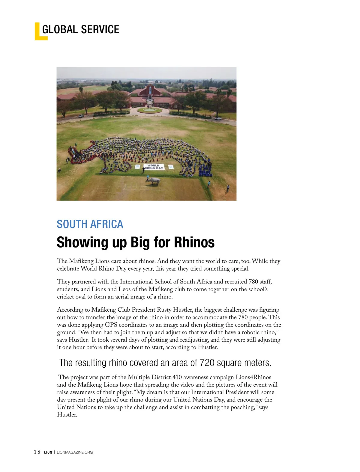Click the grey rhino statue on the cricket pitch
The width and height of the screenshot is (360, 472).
point(153,181)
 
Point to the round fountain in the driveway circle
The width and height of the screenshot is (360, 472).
point(149,110)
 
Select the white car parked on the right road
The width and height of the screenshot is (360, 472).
point(218,119)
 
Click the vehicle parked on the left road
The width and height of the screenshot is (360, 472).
point(81,116)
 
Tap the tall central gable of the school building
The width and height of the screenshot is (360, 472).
point(150,90)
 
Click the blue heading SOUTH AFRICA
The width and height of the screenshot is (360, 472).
point(90,224)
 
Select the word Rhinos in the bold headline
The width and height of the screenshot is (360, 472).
point(195,242)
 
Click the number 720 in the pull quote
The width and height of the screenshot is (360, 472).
point(207,363)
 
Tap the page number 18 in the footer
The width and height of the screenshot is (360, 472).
point(37,452)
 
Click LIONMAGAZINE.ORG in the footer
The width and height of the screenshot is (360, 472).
point(75,452)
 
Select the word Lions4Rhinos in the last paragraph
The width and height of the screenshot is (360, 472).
point(253,377)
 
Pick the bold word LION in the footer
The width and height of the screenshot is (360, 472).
point(48,452)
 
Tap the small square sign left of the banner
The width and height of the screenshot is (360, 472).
point(137,167)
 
